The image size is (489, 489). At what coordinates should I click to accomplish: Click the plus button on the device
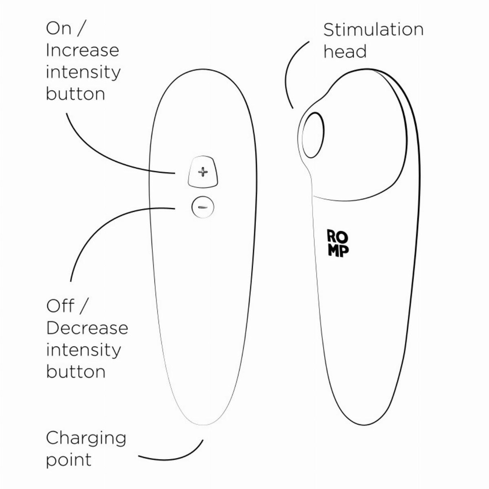click(203, 172)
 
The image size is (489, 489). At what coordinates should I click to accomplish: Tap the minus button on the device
click(202, 207)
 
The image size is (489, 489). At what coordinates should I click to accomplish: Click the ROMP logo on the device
click(338, 243)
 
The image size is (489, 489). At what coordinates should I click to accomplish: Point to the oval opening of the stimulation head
click(313, 135)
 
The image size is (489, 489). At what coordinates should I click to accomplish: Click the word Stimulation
click(373, 30)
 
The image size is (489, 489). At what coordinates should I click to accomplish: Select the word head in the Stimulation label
click(345, 52)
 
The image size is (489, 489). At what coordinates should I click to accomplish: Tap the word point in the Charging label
click(68, 460)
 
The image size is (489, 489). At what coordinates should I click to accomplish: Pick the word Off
click(61, 306)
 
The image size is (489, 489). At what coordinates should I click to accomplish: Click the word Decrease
click(87, 328)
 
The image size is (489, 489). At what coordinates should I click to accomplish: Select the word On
click(58, 28)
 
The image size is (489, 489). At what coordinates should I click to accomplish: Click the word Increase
click(82, 50)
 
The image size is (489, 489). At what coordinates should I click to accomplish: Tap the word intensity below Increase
click(83, 72)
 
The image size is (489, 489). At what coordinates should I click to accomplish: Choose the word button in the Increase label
click(75, 94)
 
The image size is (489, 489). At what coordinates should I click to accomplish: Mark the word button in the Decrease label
click(75, 372)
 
